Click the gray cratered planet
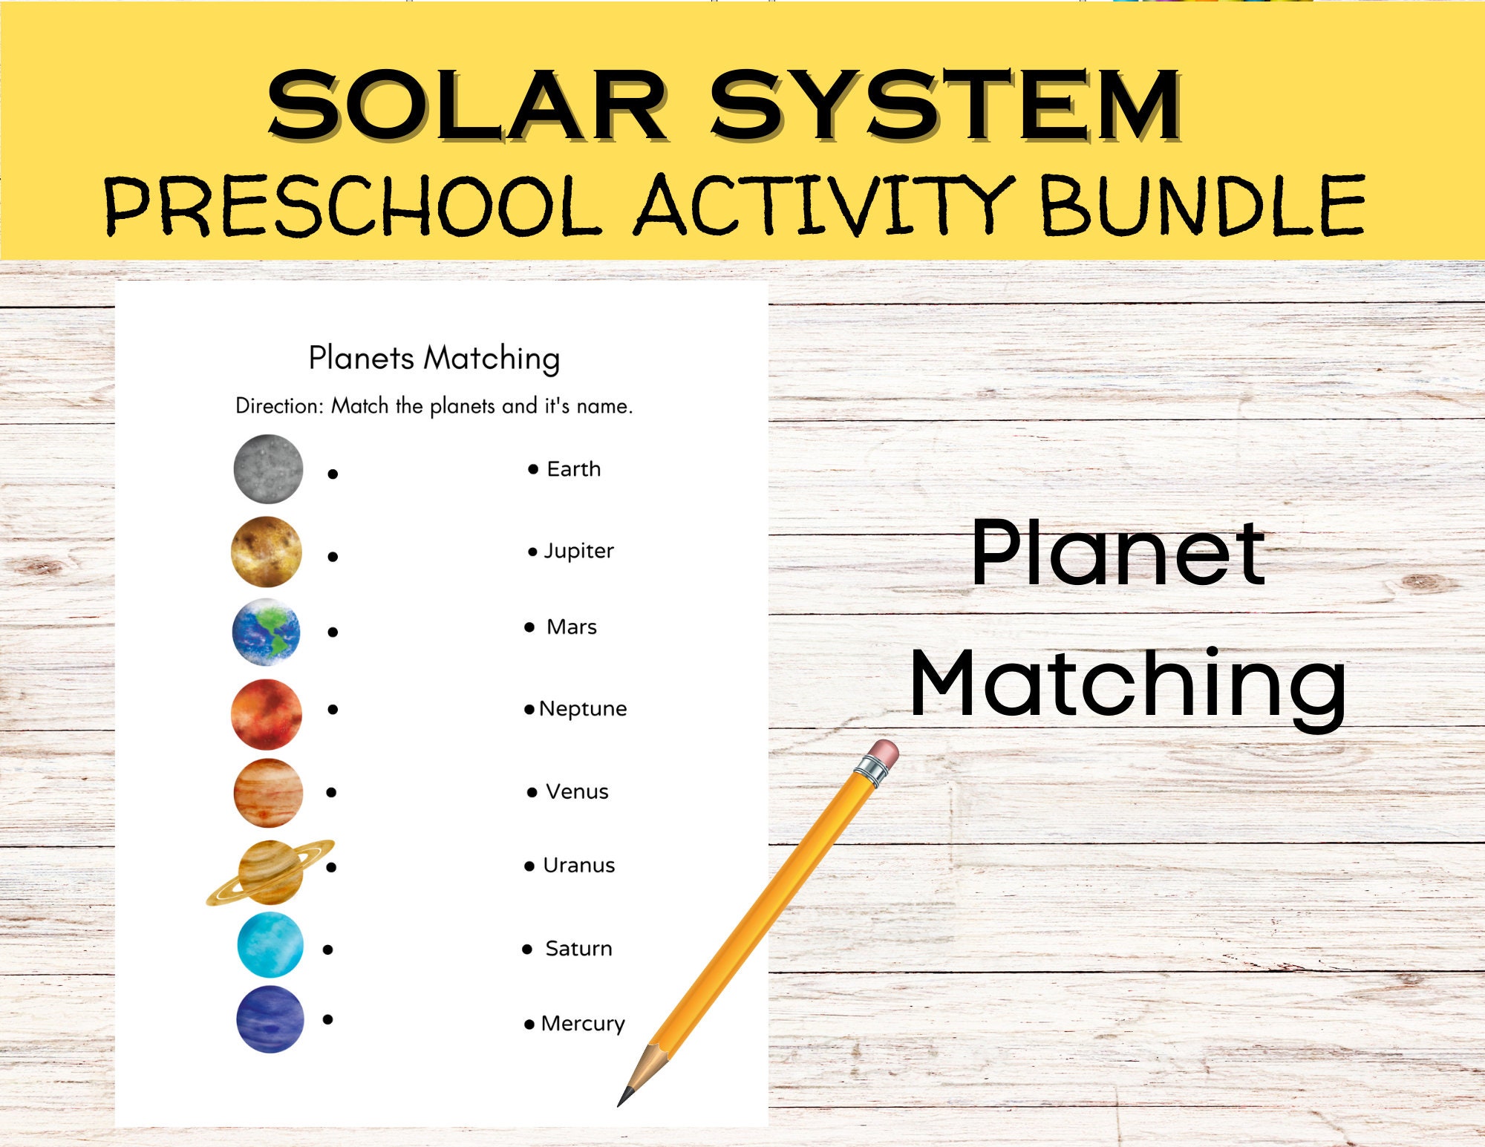pyautogui.click(x=268, y=469)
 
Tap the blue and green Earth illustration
pyautogui.click(x=267, y=632)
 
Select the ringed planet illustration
pyautogui.click(x=270, y=872)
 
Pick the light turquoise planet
pyautogui.click(x=270, y=945)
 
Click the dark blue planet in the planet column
pyautogui.click(x=270, y=1019)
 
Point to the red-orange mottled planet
pyautogui.click(x=267, y=713)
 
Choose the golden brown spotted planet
pyautogui.click(x=267, y=552)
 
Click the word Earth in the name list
pyautogui.click(x=573, y=469)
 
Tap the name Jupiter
pyautogui.click(x=578, y=551)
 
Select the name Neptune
pyautogui.click(x=583, y=709)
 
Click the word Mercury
pyautogui.click(x=583, y=1024)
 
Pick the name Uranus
pyautogui.click(x=578, y=866)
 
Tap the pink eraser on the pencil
pyautogui.click(x=884, y=754)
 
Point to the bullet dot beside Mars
pyautogui.click(x=529, y=627)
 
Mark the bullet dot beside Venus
pyautogui.click(x=532, y=793)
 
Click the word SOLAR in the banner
pyautogui.click(x=468, y=106)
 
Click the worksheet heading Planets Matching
pyautogui.click(x=434, y=359)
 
